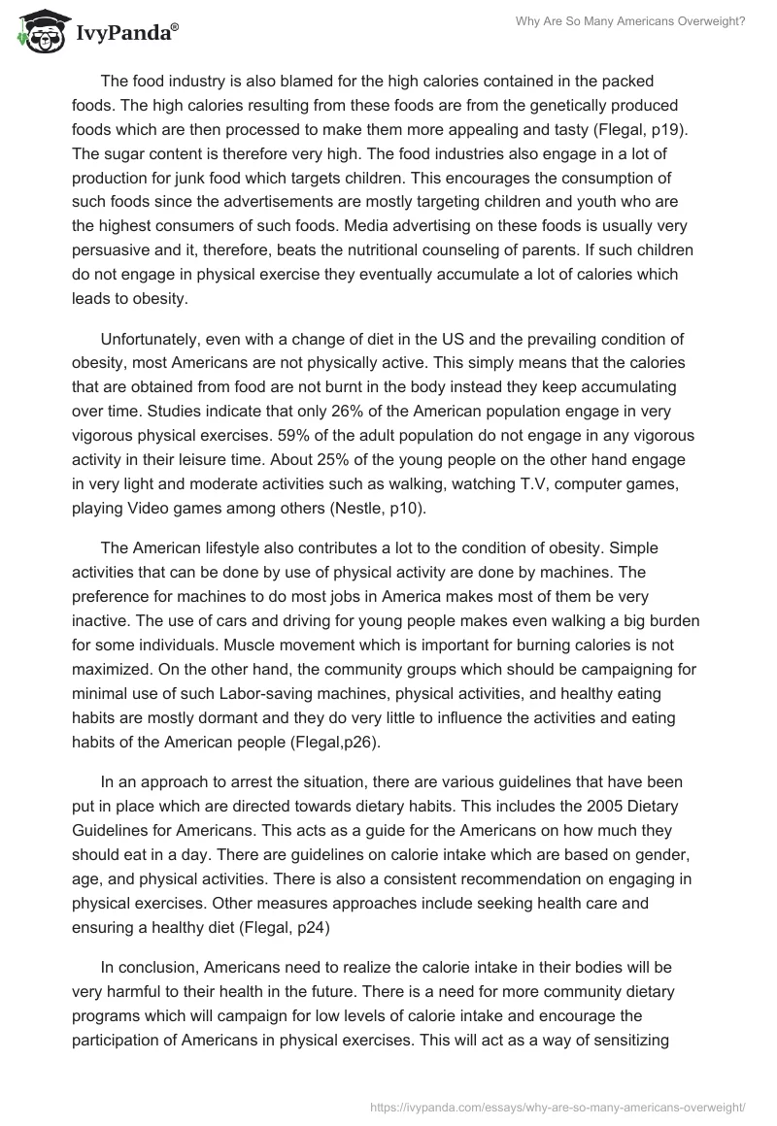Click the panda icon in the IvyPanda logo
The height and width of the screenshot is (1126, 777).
click(x=37, y=33)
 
